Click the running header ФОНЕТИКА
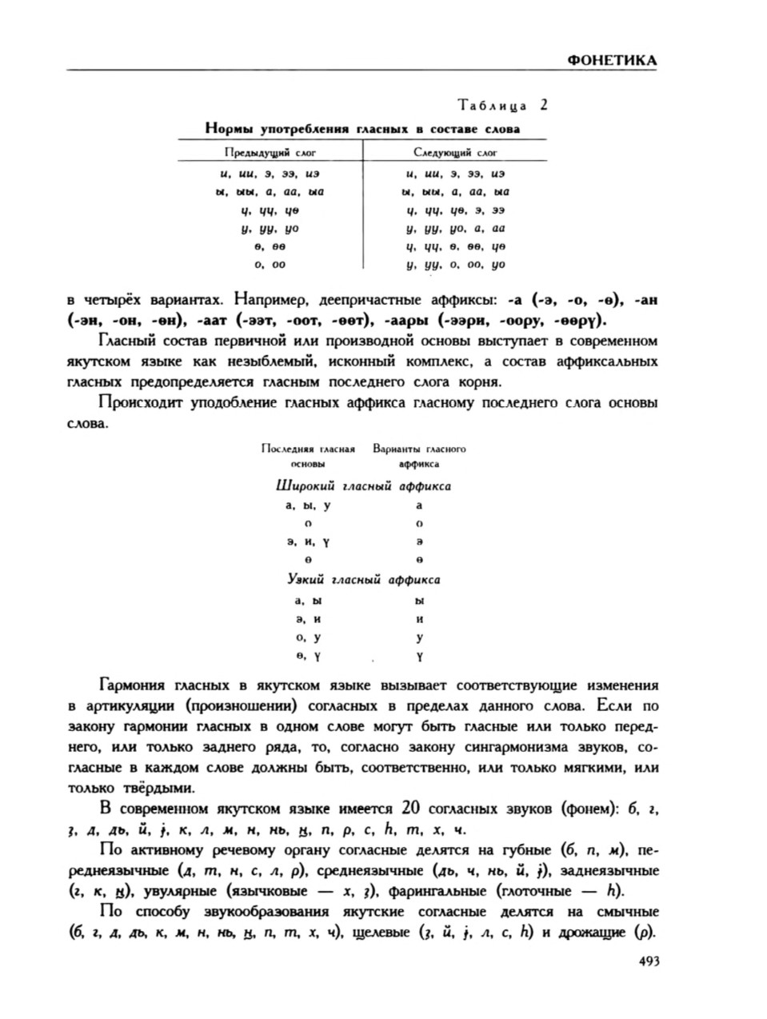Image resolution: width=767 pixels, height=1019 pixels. [611, 60]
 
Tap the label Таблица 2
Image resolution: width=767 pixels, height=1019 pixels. [501, 105]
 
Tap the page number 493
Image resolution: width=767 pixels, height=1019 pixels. [647, 963]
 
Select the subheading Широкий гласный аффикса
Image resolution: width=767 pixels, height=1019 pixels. [362, 486]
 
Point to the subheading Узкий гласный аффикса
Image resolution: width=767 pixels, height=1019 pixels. [363, 580]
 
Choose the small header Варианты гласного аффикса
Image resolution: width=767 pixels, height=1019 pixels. [419, 456]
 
